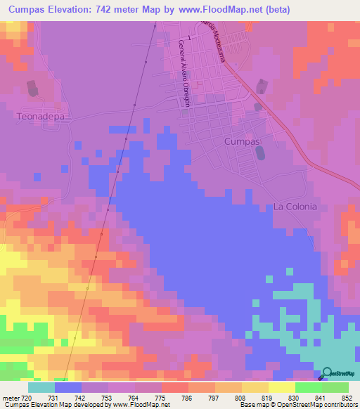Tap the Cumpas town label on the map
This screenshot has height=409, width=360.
click(x=242, y=141)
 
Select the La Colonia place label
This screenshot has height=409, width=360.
click(x=295, y=207)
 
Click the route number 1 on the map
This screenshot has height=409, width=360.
click(x=189, y=38)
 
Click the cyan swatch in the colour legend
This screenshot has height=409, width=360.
click(x=41, y=387)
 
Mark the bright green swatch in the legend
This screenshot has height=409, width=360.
click(x=308, y=387)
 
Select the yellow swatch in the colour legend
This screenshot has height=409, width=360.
click(x=281, y=387)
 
